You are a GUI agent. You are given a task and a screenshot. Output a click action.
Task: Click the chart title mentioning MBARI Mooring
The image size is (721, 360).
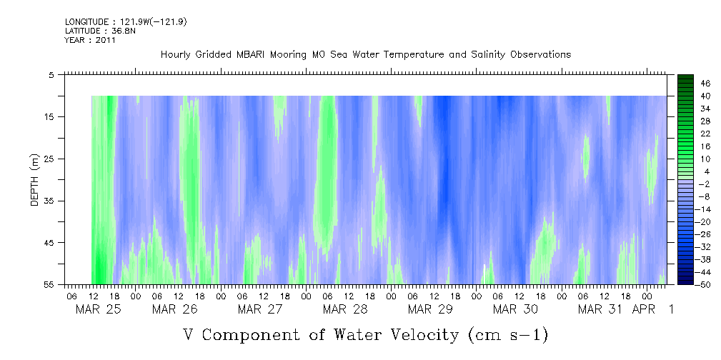pos(365,55)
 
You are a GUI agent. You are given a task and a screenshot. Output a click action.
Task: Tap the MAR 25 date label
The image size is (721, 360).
pos(98,309)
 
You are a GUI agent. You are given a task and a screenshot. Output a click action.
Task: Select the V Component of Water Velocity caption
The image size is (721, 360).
pos(365,334)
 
